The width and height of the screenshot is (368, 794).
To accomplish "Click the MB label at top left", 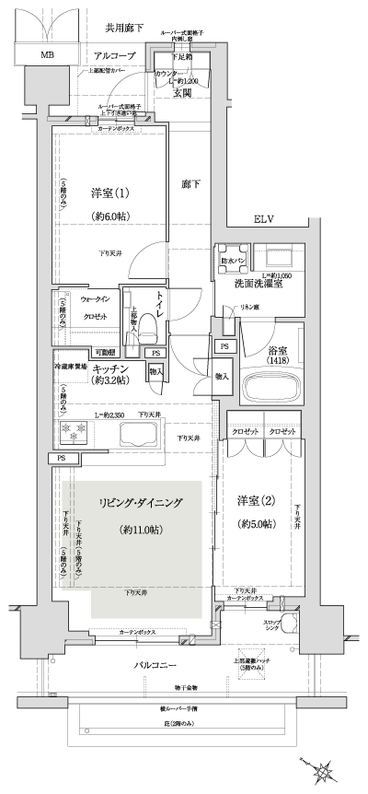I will pos(45,55).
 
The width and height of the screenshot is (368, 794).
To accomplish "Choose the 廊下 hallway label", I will pos(190,182).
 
